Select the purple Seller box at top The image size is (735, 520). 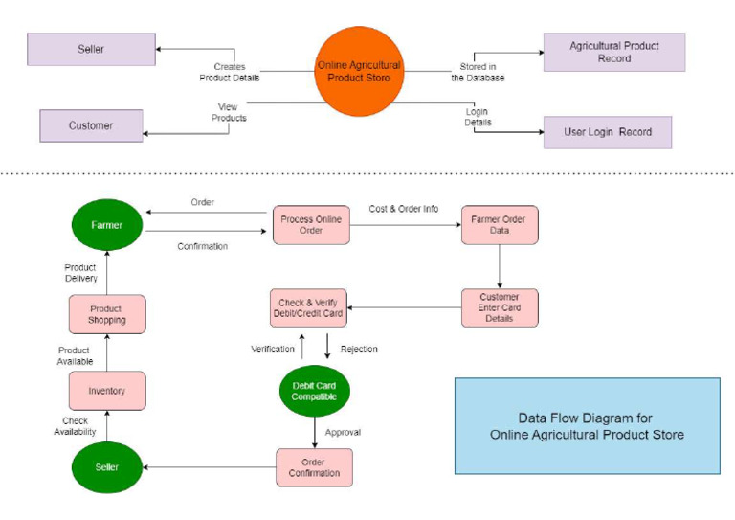(x=91, y=49)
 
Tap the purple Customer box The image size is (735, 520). (x=91, y=125)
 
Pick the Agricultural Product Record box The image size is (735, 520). (x=613, y=52)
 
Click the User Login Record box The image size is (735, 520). (x=607, y=132)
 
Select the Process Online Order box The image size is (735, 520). (x=310, y=226)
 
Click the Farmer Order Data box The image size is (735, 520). (x=499, y=226)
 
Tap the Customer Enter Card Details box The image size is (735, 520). (x=499, y=307)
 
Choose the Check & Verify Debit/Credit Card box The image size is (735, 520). (x=306, y=307)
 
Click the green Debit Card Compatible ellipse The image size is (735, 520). (x=314, y=391)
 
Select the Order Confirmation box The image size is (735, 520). (x=314, y=467)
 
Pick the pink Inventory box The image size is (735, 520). (x=106, y=391)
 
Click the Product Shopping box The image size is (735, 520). (x=106, y=314)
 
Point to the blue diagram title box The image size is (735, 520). (x=587, y=426)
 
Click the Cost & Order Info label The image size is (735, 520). (x=404, y=209)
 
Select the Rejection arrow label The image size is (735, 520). (x=359, y=350)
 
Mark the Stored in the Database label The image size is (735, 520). (x=478, y=72)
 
